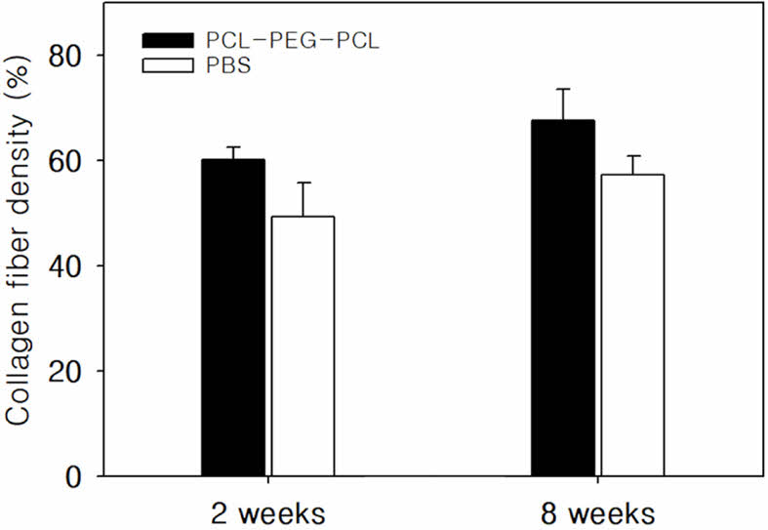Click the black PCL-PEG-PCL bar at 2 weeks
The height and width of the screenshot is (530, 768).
[233, 317]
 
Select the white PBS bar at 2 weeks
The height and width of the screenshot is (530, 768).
[303, 346]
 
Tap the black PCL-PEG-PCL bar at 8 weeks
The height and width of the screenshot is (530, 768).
[563, 298]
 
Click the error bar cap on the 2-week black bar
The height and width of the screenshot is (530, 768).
[233, 147]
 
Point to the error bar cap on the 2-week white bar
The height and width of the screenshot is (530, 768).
[303, 183]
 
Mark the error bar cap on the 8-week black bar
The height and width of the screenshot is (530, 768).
[563, 89]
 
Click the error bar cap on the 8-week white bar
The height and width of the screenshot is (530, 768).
[632, 156]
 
